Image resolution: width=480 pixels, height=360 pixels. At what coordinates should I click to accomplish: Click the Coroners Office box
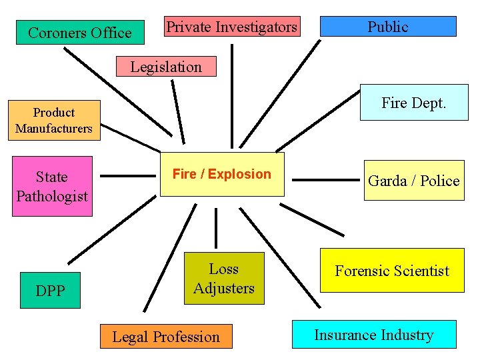(80, 32)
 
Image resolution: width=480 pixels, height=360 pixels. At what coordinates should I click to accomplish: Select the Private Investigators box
(232, 27)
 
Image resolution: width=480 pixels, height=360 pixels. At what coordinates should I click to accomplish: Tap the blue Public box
(388, 27)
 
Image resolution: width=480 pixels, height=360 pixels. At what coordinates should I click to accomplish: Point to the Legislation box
(166, 67)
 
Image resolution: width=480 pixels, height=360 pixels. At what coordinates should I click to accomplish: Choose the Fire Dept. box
(414, 103)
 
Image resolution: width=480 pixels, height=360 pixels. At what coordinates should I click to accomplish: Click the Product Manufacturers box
(54, 121)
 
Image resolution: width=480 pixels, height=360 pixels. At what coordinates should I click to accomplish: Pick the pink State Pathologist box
(52, 187)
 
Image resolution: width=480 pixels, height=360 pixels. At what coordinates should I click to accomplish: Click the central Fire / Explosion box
(222, 175)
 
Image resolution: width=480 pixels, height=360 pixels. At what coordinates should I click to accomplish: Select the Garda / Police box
(414, 181)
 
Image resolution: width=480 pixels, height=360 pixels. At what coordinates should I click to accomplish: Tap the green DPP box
(51, 290)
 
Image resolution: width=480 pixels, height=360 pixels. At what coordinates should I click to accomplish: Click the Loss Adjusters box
(224, 279)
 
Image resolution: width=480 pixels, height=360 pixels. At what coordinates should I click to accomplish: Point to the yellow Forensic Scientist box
(392, 270)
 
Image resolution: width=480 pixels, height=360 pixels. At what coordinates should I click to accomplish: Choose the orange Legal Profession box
(166, 337)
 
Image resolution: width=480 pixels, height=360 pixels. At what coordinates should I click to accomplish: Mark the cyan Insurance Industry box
(374, 335)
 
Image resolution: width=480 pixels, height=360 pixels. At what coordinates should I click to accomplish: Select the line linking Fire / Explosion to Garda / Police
(325, 179)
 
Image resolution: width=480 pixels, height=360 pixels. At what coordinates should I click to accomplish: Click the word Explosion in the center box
(239, 175)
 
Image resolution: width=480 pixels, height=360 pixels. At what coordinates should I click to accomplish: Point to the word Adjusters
(224, 288)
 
